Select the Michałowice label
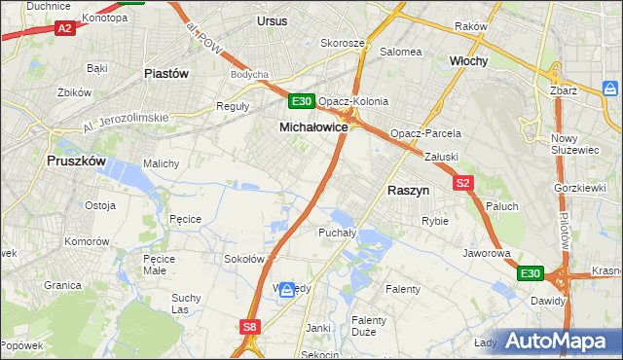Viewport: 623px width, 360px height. point(313,127)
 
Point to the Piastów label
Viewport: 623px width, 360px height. point(165,73)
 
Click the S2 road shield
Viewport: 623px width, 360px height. point(462,182)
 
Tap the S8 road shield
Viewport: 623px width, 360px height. point(251,328)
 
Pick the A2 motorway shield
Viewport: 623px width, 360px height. point(65,28)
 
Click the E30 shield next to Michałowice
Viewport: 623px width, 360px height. point(302,101)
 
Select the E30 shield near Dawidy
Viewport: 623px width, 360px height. point(530,274)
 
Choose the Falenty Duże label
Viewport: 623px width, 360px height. point(369,325)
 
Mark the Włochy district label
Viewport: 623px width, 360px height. point(468,60)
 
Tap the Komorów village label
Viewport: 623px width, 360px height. point(88,240)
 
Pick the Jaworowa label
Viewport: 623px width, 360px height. point(487,253)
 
